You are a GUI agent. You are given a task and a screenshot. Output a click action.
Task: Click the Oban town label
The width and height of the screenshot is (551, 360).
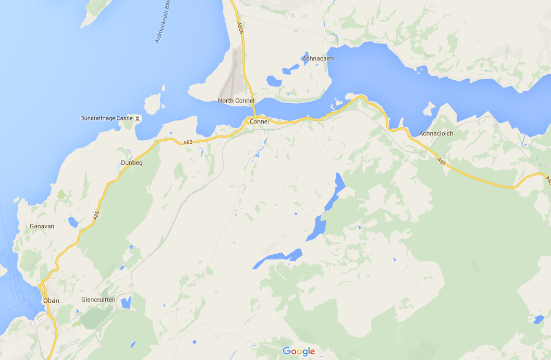[x=51, y=301]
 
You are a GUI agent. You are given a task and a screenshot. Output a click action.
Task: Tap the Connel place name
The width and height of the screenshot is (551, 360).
[x=259, y=121]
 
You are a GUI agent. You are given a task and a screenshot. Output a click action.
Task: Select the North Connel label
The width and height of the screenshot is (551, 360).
[x=236, y=101]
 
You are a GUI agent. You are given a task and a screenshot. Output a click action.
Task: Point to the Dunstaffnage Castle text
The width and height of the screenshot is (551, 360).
[x=106, y=118]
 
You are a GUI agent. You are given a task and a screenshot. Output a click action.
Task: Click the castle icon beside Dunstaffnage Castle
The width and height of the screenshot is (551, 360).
[x=137, y=118]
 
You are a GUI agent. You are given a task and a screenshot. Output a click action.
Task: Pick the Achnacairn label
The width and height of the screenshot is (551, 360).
[x=318, y=58]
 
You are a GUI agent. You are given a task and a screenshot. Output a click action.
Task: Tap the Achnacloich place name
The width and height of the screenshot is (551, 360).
[x=436, y=133]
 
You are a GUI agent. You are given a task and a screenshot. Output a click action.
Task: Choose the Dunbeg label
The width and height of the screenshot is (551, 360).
[x=132, y=163]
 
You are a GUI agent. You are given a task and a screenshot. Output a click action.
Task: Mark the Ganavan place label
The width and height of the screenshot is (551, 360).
[x=42, y=226]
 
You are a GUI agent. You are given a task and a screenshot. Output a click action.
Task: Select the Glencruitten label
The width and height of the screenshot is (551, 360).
[x=99, y=300]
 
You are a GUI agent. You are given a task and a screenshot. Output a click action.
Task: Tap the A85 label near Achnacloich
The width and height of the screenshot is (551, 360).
[x=442, y=162]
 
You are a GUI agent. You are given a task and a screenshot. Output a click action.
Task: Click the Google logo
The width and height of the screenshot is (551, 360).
[x=299, y=351]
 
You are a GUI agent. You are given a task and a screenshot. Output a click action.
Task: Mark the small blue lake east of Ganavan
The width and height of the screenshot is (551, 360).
[x=72, y=223]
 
